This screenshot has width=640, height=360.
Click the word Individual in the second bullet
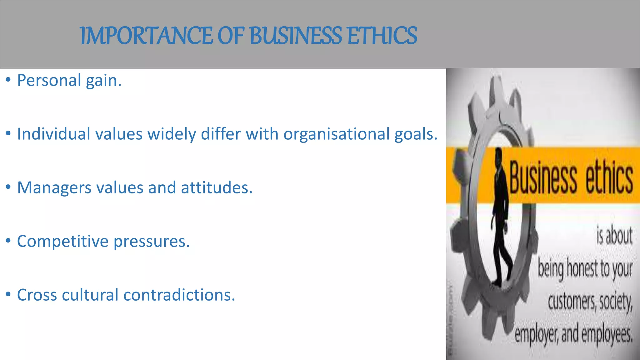click(x=53, y=134)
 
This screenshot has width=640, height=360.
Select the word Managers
click(x=54, y=187)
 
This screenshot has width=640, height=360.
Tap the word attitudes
click(x=216, y=187)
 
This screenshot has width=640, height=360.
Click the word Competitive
click(x=62, y=241)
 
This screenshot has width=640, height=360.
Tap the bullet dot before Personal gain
click(x=8, y=80)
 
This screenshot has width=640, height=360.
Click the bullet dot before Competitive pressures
click(x=8, y=241)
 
